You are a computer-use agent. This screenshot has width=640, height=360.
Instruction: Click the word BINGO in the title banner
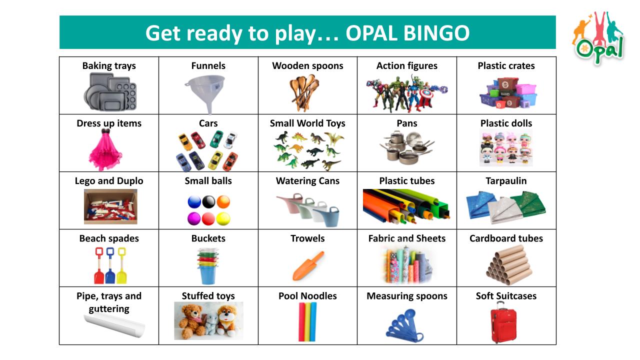point(436,33)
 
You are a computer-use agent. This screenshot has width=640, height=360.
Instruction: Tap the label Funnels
point(208,65)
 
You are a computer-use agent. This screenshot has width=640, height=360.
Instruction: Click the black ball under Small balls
point(208,201)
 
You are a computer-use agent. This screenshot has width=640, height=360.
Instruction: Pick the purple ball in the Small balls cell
point(194,218)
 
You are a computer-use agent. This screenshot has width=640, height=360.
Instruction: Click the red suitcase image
point(503,323)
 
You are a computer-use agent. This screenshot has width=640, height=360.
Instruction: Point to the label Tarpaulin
point(506,181)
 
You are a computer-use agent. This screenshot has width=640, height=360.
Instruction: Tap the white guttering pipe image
point(114,325)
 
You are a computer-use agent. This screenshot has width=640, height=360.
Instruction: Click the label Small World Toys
point(307,123)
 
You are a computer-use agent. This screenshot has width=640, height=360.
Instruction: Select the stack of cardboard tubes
point(508,265)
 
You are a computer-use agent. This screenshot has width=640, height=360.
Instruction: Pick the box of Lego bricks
point(110,206)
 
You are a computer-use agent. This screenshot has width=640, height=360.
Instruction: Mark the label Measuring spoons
point(407,296)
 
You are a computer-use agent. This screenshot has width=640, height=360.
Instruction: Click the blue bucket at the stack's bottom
point(208,274)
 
